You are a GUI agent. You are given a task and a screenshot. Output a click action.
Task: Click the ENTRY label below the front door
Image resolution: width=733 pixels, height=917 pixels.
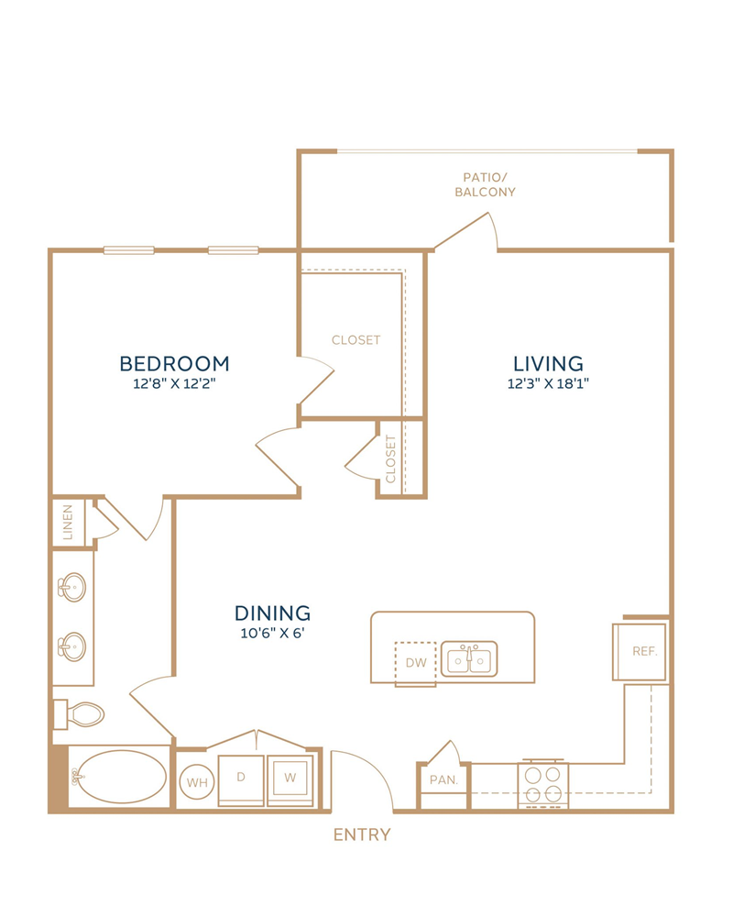[362, 834]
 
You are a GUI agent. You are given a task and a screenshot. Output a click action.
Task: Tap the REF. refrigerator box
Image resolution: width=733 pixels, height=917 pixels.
[639, 651]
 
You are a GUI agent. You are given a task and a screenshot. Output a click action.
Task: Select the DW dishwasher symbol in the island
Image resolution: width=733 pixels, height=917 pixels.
[416, 663]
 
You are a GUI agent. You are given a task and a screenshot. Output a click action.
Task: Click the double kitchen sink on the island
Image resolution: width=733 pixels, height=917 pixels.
[469, 659]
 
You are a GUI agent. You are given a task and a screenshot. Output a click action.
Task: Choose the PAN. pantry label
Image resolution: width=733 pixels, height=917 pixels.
[443, 779]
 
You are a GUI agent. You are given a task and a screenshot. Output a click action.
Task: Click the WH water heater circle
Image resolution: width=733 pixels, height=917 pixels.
[197, 782]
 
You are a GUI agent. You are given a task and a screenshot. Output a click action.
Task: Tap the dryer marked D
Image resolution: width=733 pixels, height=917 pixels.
[241, 780]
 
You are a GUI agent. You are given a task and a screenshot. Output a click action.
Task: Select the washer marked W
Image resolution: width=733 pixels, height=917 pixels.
[290, 780]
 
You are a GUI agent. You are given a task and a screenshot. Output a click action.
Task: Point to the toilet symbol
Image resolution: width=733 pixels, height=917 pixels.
[79, 714]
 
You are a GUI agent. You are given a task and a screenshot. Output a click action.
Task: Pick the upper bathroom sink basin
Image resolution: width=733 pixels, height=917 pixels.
[72, 586]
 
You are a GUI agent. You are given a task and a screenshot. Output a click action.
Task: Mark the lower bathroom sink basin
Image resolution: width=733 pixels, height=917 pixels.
[72, 646]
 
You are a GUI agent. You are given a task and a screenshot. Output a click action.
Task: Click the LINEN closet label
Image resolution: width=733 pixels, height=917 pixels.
[68, 523]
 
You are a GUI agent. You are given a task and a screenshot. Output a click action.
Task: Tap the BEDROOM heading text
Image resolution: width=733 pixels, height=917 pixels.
[174, 364]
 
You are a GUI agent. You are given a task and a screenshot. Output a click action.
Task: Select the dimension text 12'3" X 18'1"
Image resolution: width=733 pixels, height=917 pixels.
[548, 383]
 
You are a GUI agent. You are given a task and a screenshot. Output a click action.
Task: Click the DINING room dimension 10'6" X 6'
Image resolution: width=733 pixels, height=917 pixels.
[272, 633]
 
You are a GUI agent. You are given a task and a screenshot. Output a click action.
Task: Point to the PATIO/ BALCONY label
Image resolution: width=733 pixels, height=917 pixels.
[486, 184]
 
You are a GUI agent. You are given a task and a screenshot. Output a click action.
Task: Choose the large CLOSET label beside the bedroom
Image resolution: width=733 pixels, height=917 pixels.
[356, 340]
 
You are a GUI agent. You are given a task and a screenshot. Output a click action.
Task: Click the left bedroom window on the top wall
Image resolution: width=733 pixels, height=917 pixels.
[129, 250]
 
